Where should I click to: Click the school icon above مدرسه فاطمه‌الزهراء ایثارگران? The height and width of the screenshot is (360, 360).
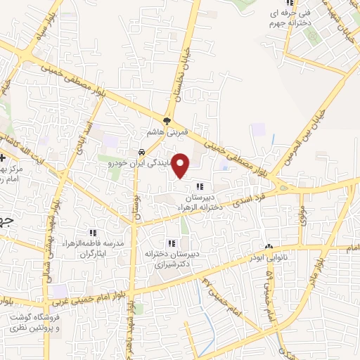click(x=92, y=233)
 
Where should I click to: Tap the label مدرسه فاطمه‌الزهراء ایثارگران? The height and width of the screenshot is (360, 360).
click(x=89, y=248)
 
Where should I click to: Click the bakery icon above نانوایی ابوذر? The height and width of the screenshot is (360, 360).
click(x=268, y=246)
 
